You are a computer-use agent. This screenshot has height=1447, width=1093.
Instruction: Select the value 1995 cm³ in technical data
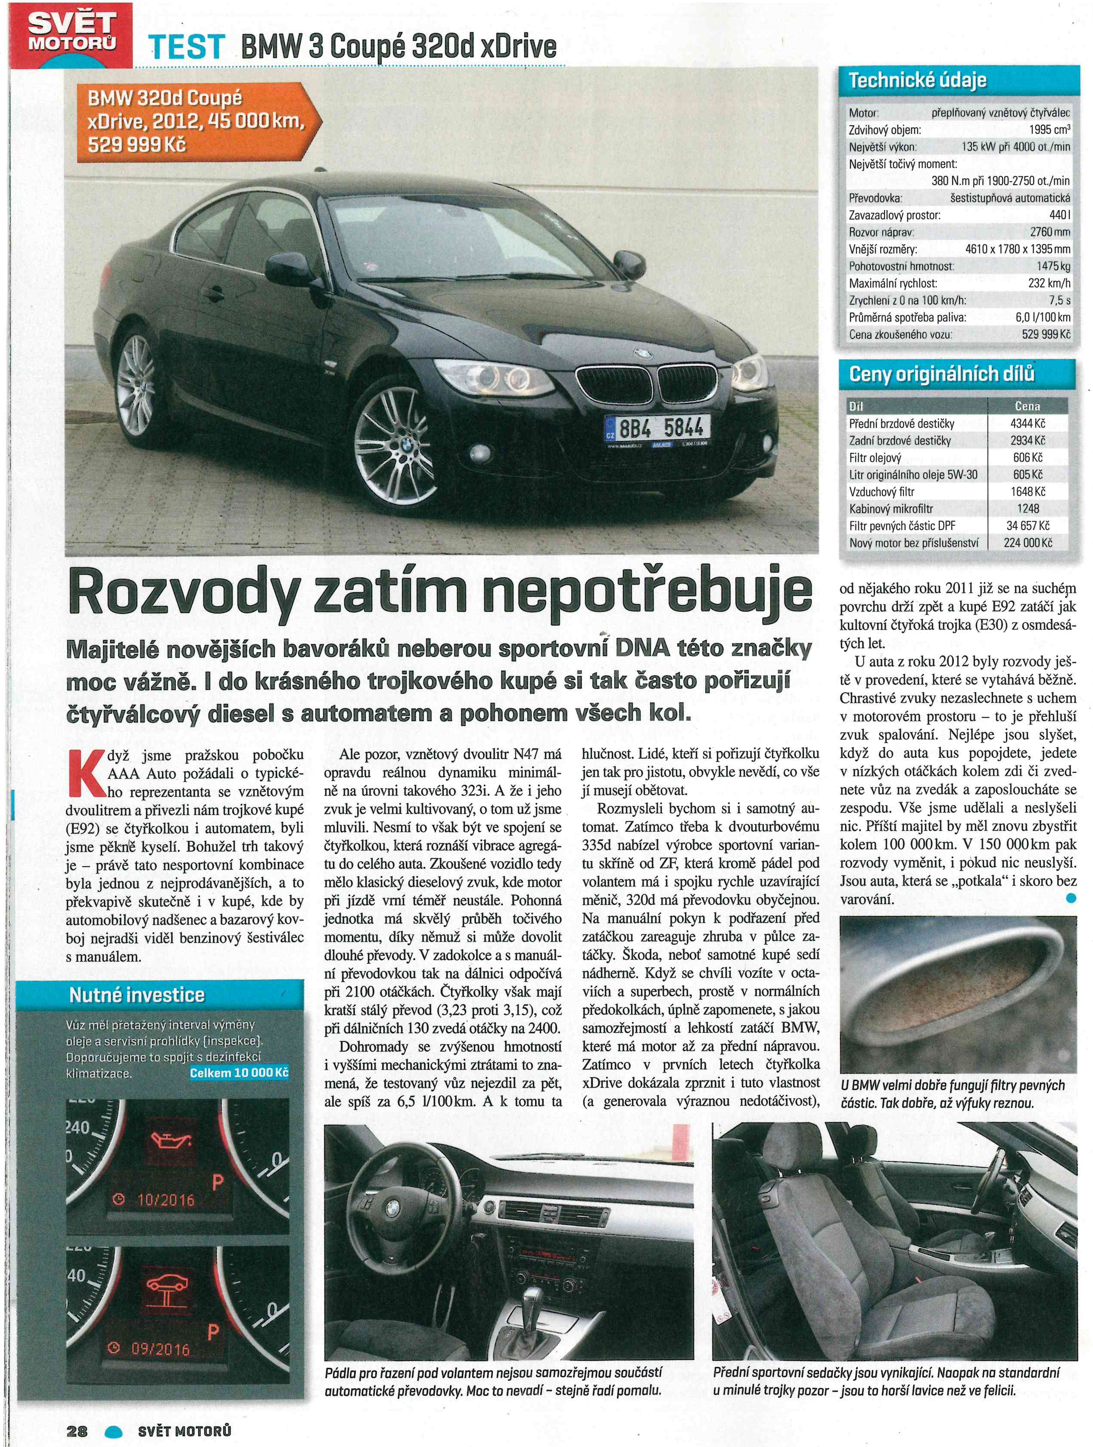click(x=1049, y=130)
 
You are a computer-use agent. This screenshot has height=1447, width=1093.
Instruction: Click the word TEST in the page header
click(x=187, y=47)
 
